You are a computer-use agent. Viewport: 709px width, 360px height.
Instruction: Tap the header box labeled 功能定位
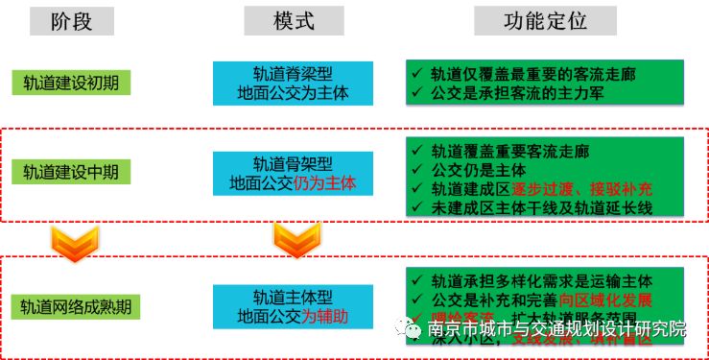tap(544, 21)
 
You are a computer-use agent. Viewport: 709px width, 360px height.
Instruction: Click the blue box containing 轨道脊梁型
tap(294, 83)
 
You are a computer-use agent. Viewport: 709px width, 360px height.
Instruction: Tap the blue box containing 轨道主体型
tap(294, 305)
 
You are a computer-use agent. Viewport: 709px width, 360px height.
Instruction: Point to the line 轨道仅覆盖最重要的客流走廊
tap(546, 73)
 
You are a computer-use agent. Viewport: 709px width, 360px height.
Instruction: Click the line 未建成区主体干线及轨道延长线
tap(546, 206)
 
